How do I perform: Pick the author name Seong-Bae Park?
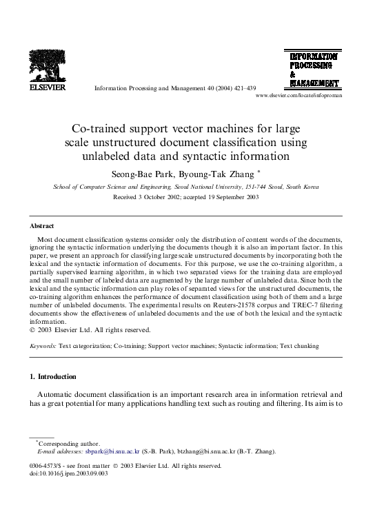point(143,174)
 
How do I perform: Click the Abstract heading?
point(42,226)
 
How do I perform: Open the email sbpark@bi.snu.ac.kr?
point(112,452)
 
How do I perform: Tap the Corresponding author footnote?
point(69,444)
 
